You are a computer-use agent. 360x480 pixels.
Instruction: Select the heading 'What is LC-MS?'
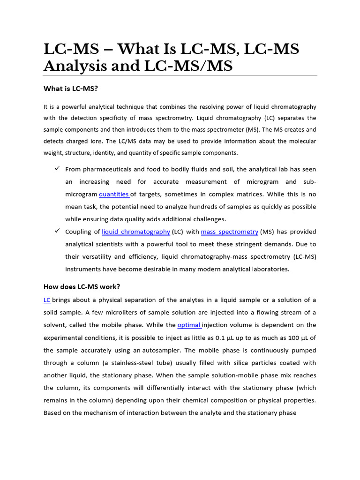coord(71,88)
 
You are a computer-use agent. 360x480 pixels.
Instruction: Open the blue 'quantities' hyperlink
coord(114,194)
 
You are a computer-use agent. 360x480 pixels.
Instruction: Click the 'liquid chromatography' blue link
coord(136,232)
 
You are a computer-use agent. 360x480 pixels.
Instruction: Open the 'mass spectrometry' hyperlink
coord(230,232)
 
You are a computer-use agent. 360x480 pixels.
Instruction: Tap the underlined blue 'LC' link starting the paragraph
coord(47,300)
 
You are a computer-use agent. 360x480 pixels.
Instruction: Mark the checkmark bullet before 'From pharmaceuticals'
coord(57,169)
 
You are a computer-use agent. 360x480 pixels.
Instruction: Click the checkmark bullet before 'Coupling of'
coord(57,231)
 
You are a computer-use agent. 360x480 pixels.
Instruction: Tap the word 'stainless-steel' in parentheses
coord(130,363)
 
